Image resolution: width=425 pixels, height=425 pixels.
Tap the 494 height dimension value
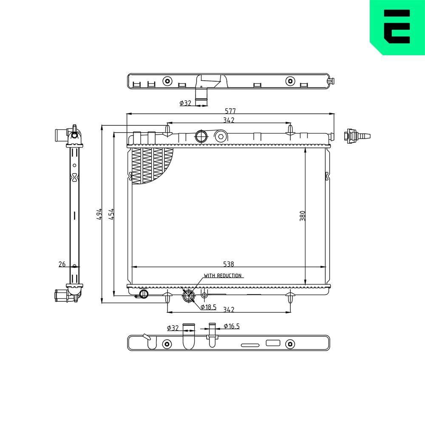[x=99, y=214]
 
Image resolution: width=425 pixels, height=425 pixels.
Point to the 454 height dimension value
[x=110, y=214]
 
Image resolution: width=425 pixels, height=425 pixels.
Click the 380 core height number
[x=302, y=215]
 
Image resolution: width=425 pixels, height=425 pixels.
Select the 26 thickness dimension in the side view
[x=62, y=264]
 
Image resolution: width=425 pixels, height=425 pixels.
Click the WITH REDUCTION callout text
[x=223, y=275]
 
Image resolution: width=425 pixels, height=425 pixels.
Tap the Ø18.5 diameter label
[x=208, y=307]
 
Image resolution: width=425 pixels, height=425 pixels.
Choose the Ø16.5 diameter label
[x=231, y=326]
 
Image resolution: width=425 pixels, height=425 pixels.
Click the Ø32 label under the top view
[x=185, y=103]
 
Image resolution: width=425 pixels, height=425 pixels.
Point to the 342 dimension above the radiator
[x=229, y=120]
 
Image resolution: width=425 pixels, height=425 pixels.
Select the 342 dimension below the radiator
[x=229, y=309]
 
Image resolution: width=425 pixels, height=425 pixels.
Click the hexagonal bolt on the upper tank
[x=220, y=136]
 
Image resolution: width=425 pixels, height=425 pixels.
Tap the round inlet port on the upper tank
[x=201, y=136]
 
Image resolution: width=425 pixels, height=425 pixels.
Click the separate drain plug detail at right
[x=355, y=136]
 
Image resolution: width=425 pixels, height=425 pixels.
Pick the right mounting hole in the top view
[x=290, y=81]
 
